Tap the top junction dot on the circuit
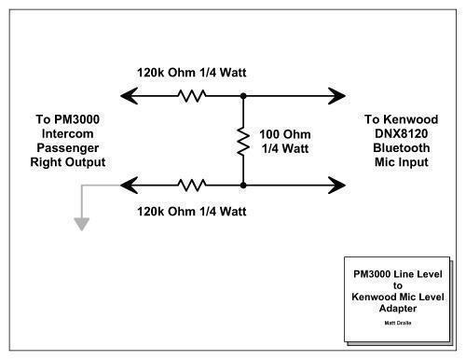[242, 94]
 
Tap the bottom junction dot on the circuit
[242, 183]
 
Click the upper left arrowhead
[129, 94]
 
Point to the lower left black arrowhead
[129, 183]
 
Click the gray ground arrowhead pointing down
[81, 223]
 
